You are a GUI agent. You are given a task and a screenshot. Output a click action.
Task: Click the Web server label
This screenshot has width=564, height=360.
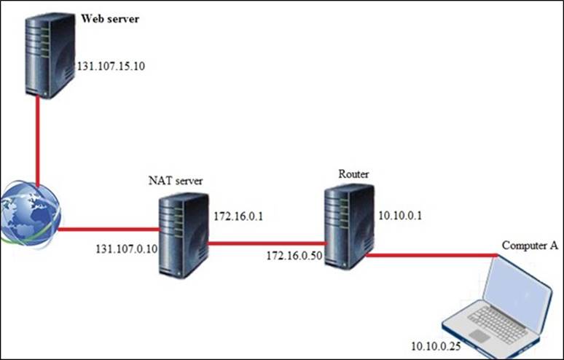pyautogui.click(x=109, y=17)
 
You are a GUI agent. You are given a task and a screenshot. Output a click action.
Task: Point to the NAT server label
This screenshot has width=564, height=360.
pyautogui.click(x=173, y=181)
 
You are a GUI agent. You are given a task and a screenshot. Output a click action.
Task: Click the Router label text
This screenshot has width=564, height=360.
pyautogui.click(x=353, y=174)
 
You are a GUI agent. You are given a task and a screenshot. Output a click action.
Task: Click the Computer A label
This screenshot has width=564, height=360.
pyautogui.click(x=530, y=246)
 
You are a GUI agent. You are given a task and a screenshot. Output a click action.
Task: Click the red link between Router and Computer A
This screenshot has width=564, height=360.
pyautogui.click(x=430, y=256)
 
